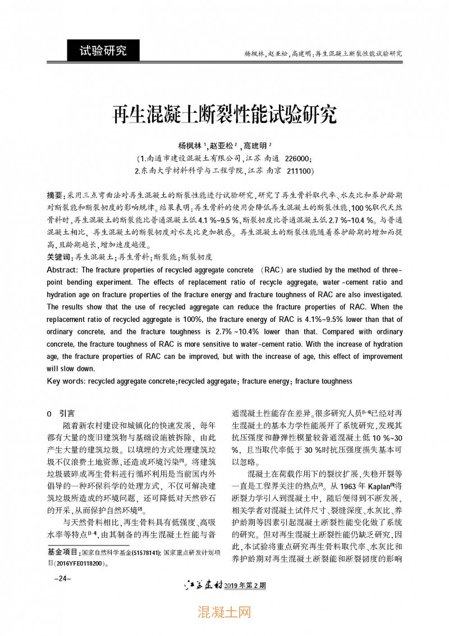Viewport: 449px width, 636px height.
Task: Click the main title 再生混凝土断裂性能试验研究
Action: [224, 114]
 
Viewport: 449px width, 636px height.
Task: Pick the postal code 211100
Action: [299, 170]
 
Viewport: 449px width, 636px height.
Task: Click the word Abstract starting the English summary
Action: [61, 270]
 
